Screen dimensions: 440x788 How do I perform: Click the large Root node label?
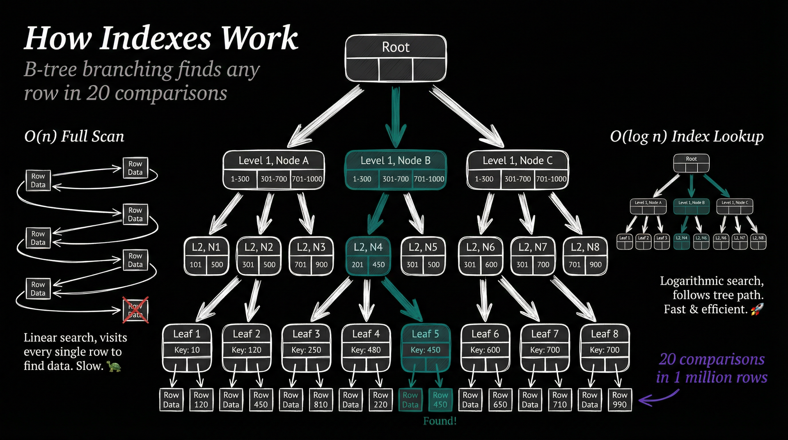coord(396,48)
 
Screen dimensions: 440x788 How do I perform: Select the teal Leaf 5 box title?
coord(425,334)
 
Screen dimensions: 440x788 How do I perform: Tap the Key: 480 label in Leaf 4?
coord(366,350)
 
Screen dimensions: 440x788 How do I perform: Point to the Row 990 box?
coord(620,400)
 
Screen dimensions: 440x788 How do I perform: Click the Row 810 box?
coord(321,400)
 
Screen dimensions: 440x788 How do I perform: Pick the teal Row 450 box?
coord(440,400)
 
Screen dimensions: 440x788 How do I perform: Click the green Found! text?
coord(440,421)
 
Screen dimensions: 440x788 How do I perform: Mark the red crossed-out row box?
coord(135,310)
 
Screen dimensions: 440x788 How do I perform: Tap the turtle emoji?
coord(114,366)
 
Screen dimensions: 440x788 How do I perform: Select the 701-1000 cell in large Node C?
coord(551,179)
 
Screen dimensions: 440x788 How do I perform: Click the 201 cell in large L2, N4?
coord(357,265)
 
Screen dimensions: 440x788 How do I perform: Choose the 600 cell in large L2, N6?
coord(491,265)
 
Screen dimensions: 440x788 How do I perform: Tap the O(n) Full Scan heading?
coord(74,136)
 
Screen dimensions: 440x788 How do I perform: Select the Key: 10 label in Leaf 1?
coord(187,350)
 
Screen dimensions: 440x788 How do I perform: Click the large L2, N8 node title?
coord(585,247)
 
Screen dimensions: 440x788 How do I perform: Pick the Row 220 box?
coord(380,400)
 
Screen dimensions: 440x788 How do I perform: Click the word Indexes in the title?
coord(156,38)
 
